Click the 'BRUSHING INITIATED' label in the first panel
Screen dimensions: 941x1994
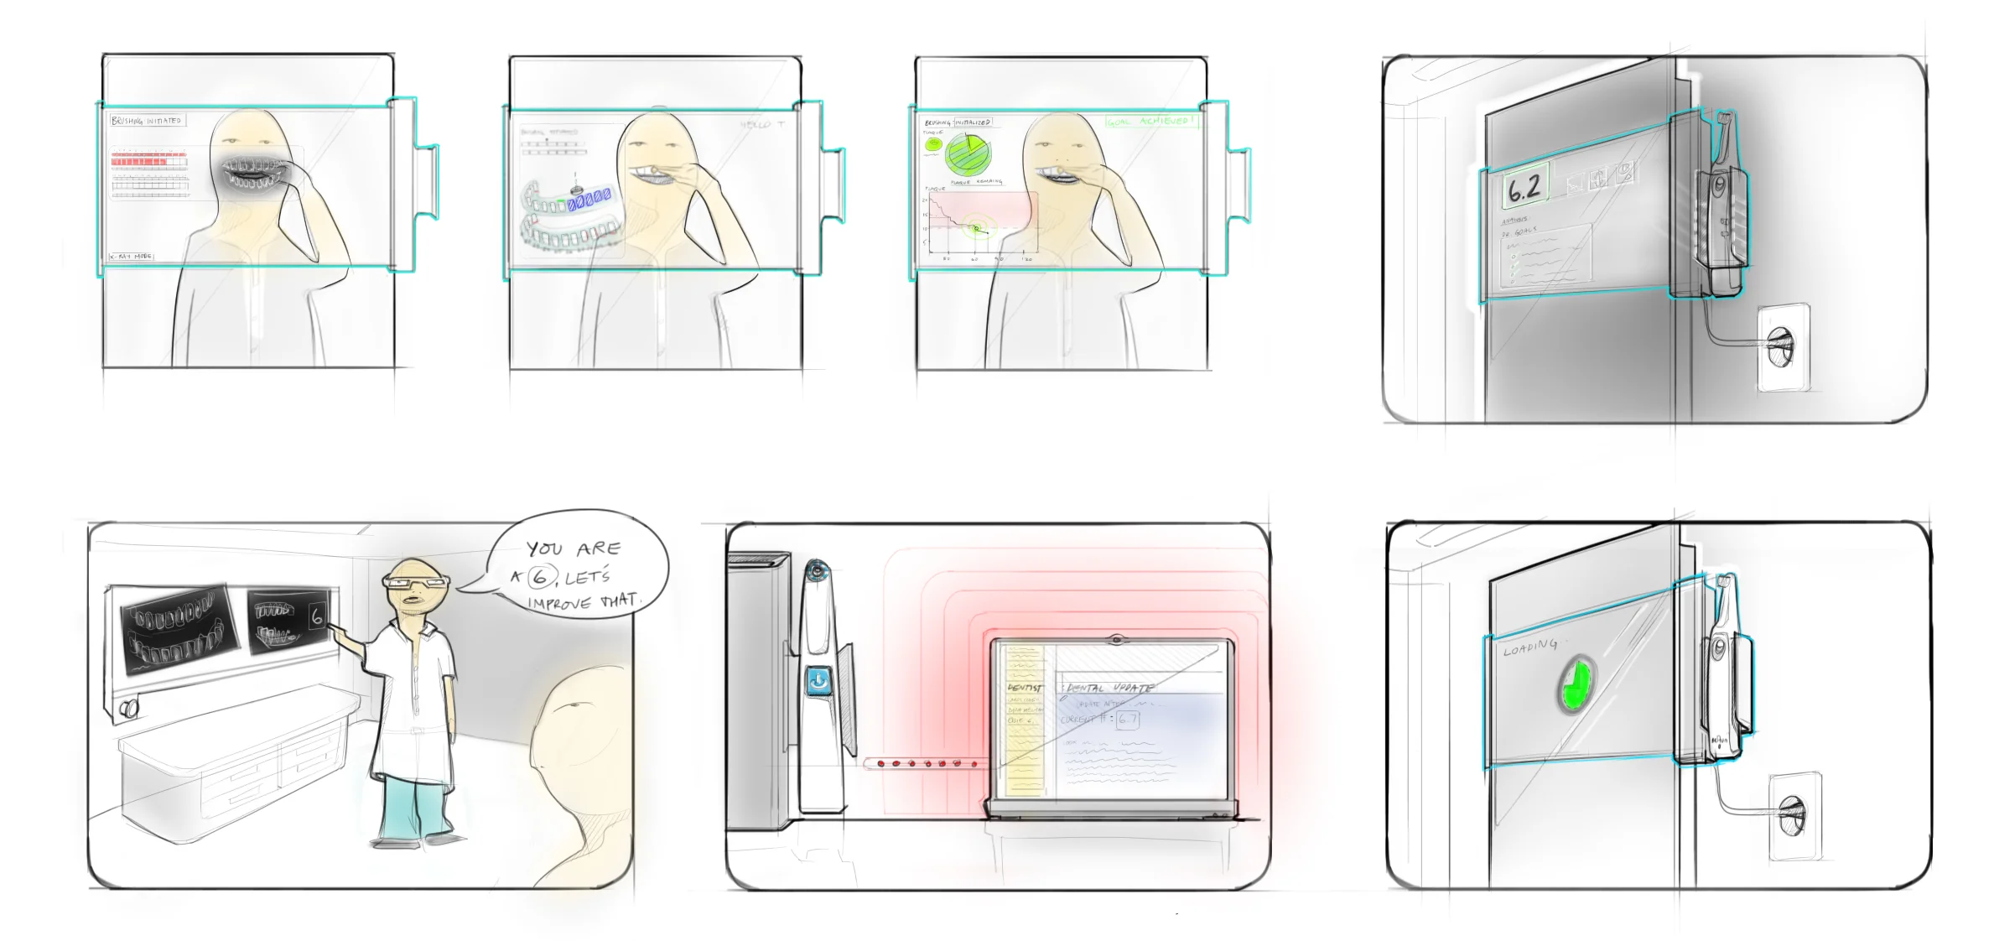(x=147, y=121)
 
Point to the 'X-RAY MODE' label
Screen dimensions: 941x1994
(x=132, y=256)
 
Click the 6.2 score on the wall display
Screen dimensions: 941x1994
(x=1524, y=188)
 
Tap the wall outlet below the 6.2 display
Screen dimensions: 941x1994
(x=1781, y=346)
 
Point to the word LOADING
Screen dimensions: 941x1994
(x=1529, y=647)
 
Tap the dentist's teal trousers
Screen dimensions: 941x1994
(x=413, y=805)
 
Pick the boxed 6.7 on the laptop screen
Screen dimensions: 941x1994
(x=1128, y=719)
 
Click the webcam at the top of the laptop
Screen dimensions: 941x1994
(x=1114, y=640)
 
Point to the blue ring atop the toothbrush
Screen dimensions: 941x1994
(x=816, y=572)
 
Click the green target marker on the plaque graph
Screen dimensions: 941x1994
(x=976, y=228)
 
